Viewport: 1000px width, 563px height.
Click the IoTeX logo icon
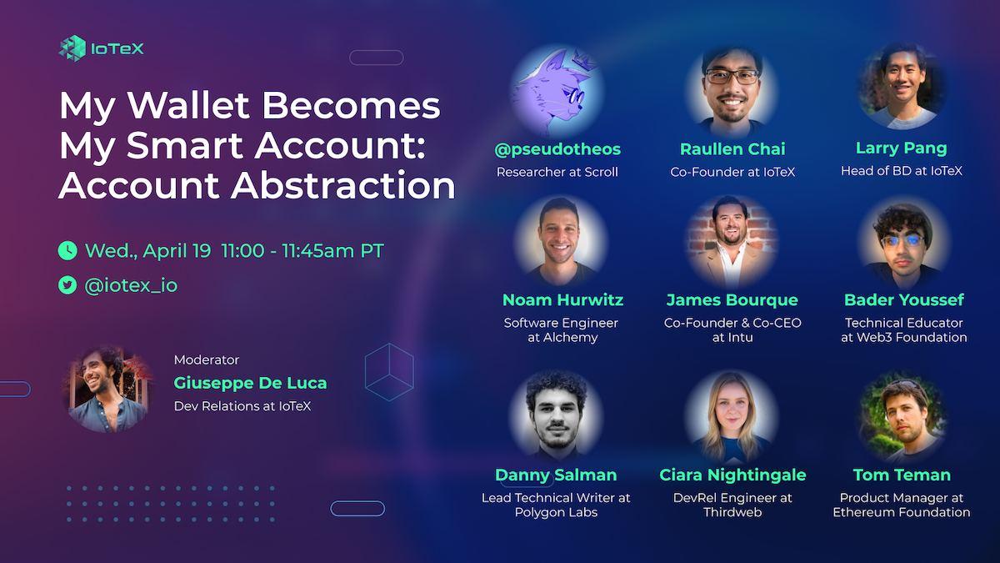[x=72, y=48]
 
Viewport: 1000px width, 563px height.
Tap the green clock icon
[x=67, y=251]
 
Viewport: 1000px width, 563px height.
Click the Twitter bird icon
[x=67, y=285]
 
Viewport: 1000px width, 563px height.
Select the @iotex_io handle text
[x=131, y=285]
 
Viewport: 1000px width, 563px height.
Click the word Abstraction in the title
[x=342, y=185]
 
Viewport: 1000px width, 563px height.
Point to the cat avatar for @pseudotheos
[x=557, y=91]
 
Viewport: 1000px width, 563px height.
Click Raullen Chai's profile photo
[x=732, y=91]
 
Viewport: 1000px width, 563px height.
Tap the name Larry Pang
[x=902, y=148]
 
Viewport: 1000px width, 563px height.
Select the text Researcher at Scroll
[x=557, y=172]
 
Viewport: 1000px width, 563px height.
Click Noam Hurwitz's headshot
[x=561, y=241]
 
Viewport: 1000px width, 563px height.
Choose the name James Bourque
[x=732, y=299]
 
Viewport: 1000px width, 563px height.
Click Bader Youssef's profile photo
[x=903, y=244]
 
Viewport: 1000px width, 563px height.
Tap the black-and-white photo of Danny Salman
[x=557, y=415]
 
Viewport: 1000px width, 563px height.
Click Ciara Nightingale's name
[x=732, y=475]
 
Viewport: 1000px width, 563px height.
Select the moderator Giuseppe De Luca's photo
[x=108, y=390]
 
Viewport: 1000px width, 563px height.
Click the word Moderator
[x=207, y=359]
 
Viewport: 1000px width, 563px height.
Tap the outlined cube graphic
[x=389, y=372]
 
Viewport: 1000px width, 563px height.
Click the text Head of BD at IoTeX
[x=902, y=171]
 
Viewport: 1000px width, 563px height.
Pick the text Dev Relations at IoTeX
[x=242, y=406]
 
